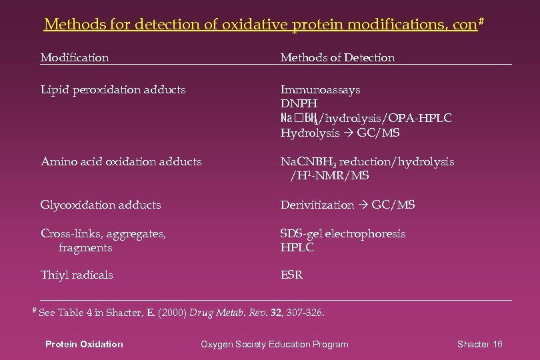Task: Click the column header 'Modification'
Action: [x=75, y=58]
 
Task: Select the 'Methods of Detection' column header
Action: [x=337, y=58]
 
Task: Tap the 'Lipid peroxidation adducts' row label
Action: [x=113, y=89]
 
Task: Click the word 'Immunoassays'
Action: [x=321, y=89]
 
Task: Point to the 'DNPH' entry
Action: [x=299, y=104]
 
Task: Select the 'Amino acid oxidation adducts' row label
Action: [x=121, y=161]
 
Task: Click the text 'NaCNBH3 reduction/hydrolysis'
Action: [x=367, y=161]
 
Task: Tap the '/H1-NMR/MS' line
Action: [x=329, y=176]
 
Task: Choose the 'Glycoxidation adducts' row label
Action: [x=101, y=205]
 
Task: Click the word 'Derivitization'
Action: [x=317, y=205]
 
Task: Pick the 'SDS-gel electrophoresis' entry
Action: [x=343, y=233]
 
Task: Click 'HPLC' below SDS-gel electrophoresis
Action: [x=297, y=247]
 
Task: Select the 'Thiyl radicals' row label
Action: [x=77, y=275]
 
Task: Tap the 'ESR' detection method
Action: [x=291, y=275]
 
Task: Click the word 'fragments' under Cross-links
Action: [x=85, y=247]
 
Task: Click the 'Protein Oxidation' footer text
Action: [x=84, y=344]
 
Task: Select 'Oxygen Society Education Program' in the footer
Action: [x=275, y=344]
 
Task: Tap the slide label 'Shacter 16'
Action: [x=479, y=344]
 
